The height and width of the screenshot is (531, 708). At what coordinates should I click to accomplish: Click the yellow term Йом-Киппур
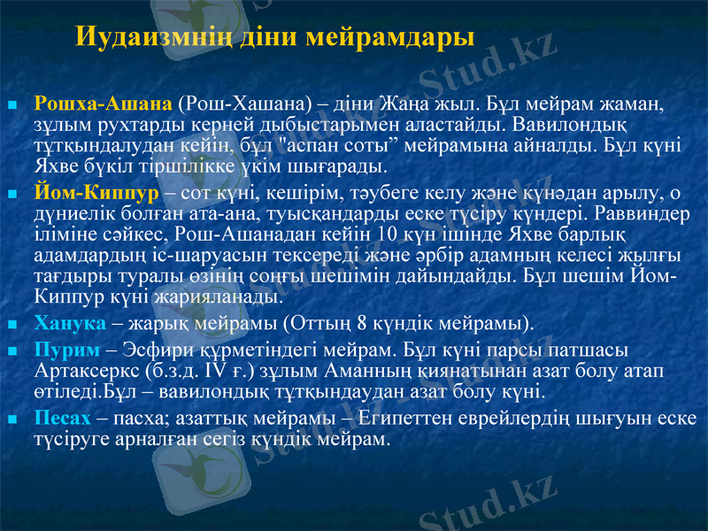click(96, 192)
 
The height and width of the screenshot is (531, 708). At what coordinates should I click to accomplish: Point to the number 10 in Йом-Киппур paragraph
click(387, 234)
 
